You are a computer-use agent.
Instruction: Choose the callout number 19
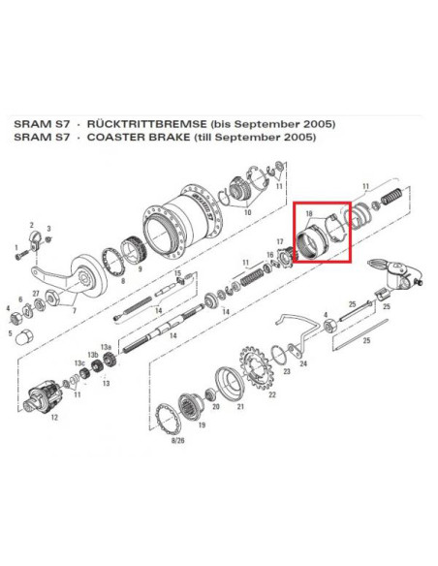point(202,424)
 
